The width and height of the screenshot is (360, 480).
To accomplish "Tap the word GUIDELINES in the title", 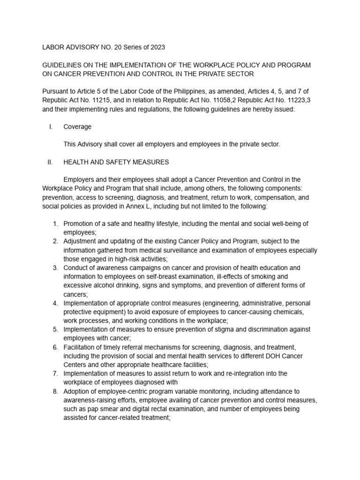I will [x=63, y=65].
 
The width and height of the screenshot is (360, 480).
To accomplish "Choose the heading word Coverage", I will [x=77, y=127].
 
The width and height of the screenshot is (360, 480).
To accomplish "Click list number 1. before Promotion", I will [x=55, y=224].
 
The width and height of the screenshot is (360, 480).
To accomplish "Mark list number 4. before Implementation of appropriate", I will [x=55, y=303].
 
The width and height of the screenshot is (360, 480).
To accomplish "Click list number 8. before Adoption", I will [x=55, y=391].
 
